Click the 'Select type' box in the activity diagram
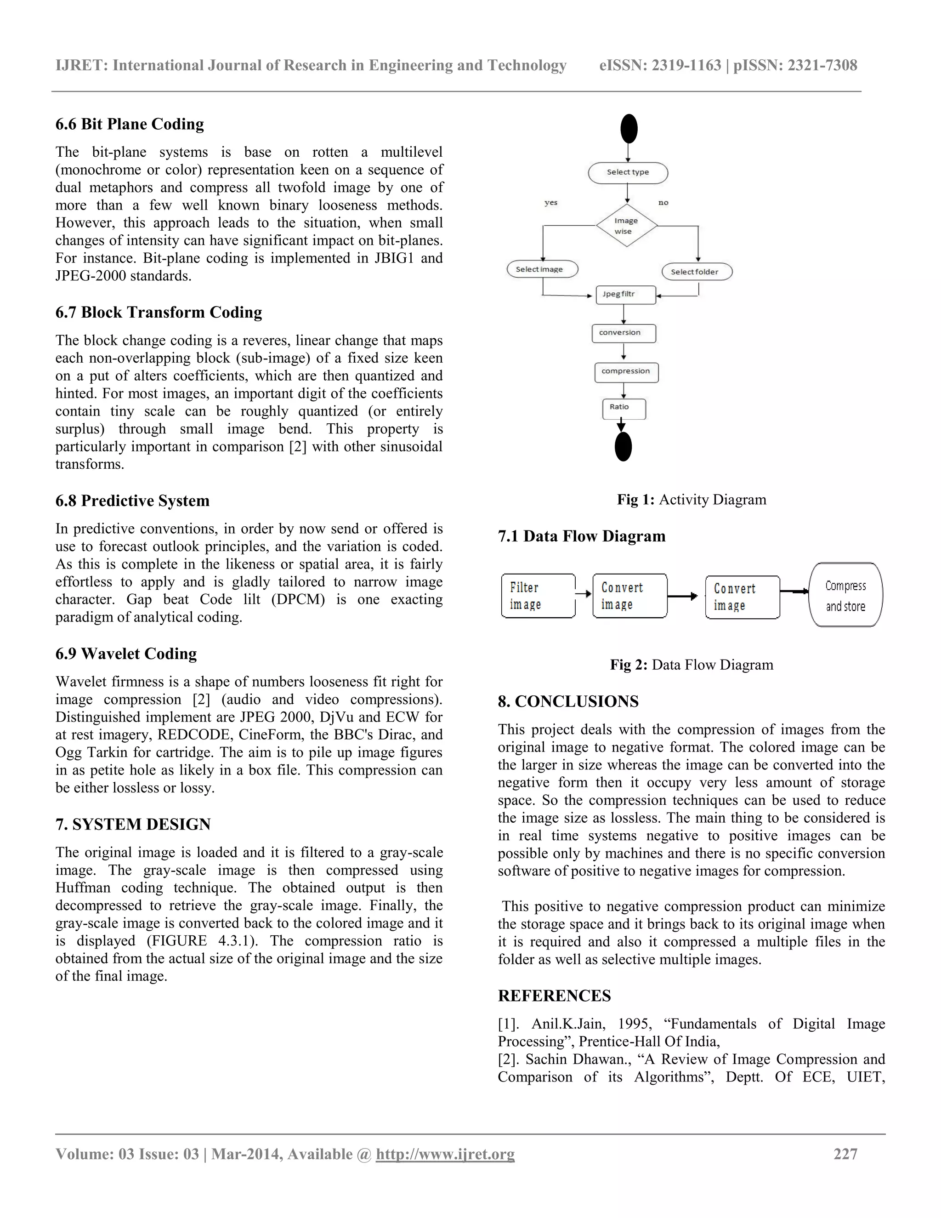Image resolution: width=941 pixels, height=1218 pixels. (x=628, y=172)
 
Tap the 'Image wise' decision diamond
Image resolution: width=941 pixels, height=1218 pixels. (x=626, y=226)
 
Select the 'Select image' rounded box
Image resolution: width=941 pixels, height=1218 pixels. (x=542, y=269)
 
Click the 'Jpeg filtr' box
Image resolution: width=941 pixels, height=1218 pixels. (x=625, y=295)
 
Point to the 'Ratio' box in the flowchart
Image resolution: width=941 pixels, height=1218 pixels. (x=624, y=408)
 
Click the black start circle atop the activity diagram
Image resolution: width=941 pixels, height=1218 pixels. (x=629, y=128)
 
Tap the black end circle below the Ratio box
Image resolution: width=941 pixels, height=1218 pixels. (x=623, y=447)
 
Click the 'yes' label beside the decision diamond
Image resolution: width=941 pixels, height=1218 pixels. (x=551, y=202)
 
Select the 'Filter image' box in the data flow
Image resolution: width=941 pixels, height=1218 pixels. (x=538, y=596)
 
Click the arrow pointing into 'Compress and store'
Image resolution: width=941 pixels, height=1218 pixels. (x=794, y=591)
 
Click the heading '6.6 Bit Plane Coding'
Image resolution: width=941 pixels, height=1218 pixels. (x=129, y=124)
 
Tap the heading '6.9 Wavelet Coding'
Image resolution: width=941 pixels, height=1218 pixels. (x=126, y=654)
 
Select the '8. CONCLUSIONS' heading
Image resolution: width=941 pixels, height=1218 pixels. (x=567, y=701)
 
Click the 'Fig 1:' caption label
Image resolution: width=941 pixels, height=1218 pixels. (x=635, y=500)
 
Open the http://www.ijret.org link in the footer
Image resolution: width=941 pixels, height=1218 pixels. (x=445, y=1154)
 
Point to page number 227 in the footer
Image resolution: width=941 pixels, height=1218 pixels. (x=845, y=1154)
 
